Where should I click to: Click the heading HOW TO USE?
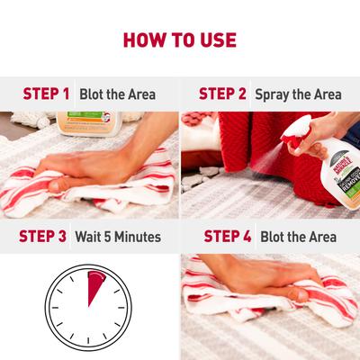(179, 40)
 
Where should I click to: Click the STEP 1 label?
(46, 94)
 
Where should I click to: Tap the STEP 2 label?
(222, 94)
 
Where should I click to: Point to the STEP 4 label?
(228, 237)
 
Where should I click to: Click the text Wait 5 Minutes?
(119, 237)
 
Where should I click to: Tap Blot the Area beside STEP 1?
(116, 94)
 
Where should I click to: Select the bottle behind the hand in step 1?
(85, 122)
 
